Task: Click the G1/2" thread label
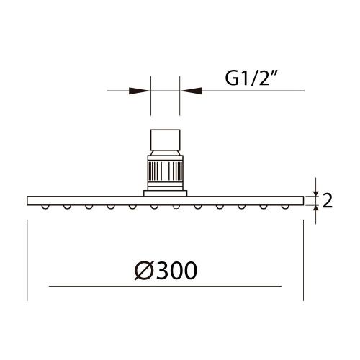pyautogui.click(x=251, y=78)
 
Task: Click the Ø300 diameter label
pyautogui.click(x=166, y=271)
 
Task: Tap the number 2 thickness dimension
pyautogui.click(x=327, y=201)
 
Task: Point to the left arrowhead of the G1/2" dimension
pyautogui.click(x=139, y=91)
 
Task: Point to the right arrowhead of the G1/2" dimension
pyautogui.click(x=192, y=91)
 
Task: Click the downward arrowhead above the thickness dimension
pyautogui.click(x=316, y=193)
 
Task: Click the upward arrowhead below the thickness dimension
pyautogui.click(x=316, y=209)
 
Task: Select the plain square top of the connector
pyautogui.click(x=166, y=140)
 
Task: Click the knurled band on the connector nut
pyautogui.click(x=166, y=171)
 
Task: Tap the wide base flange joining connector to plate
pyautogui.click(x=166, y=193)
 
